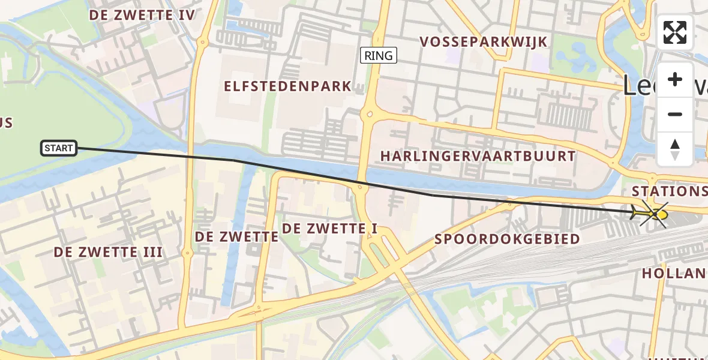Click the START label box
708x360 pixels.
tap(59, 148)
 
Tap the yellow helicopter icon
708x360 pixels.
tap(652, 213)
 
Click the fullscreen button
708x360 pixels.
tap(675, 32)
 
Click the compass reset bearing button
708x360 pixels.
tap(675, 149)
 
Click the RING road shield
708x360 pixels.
tap(379, 56)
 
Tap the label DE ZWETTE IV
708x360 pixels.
tap(142, 15)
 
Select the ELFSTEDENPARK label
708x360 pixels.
tap(287, 86)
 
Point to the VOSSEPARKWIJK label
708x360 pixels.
tap(484, 41)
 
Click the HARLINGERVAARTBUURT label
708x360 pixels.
tap(478, 156)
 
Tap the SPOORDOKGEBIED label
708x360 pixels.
tap(507, 239)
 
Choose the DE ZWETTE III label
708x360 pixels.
tap(108, 252)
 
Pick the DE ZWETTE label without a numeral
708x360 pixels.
tap(236, 236)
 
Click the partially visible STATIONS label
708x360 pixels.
tap(670, 191)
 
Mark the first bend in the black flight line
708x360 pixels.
tap(234, 160)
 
